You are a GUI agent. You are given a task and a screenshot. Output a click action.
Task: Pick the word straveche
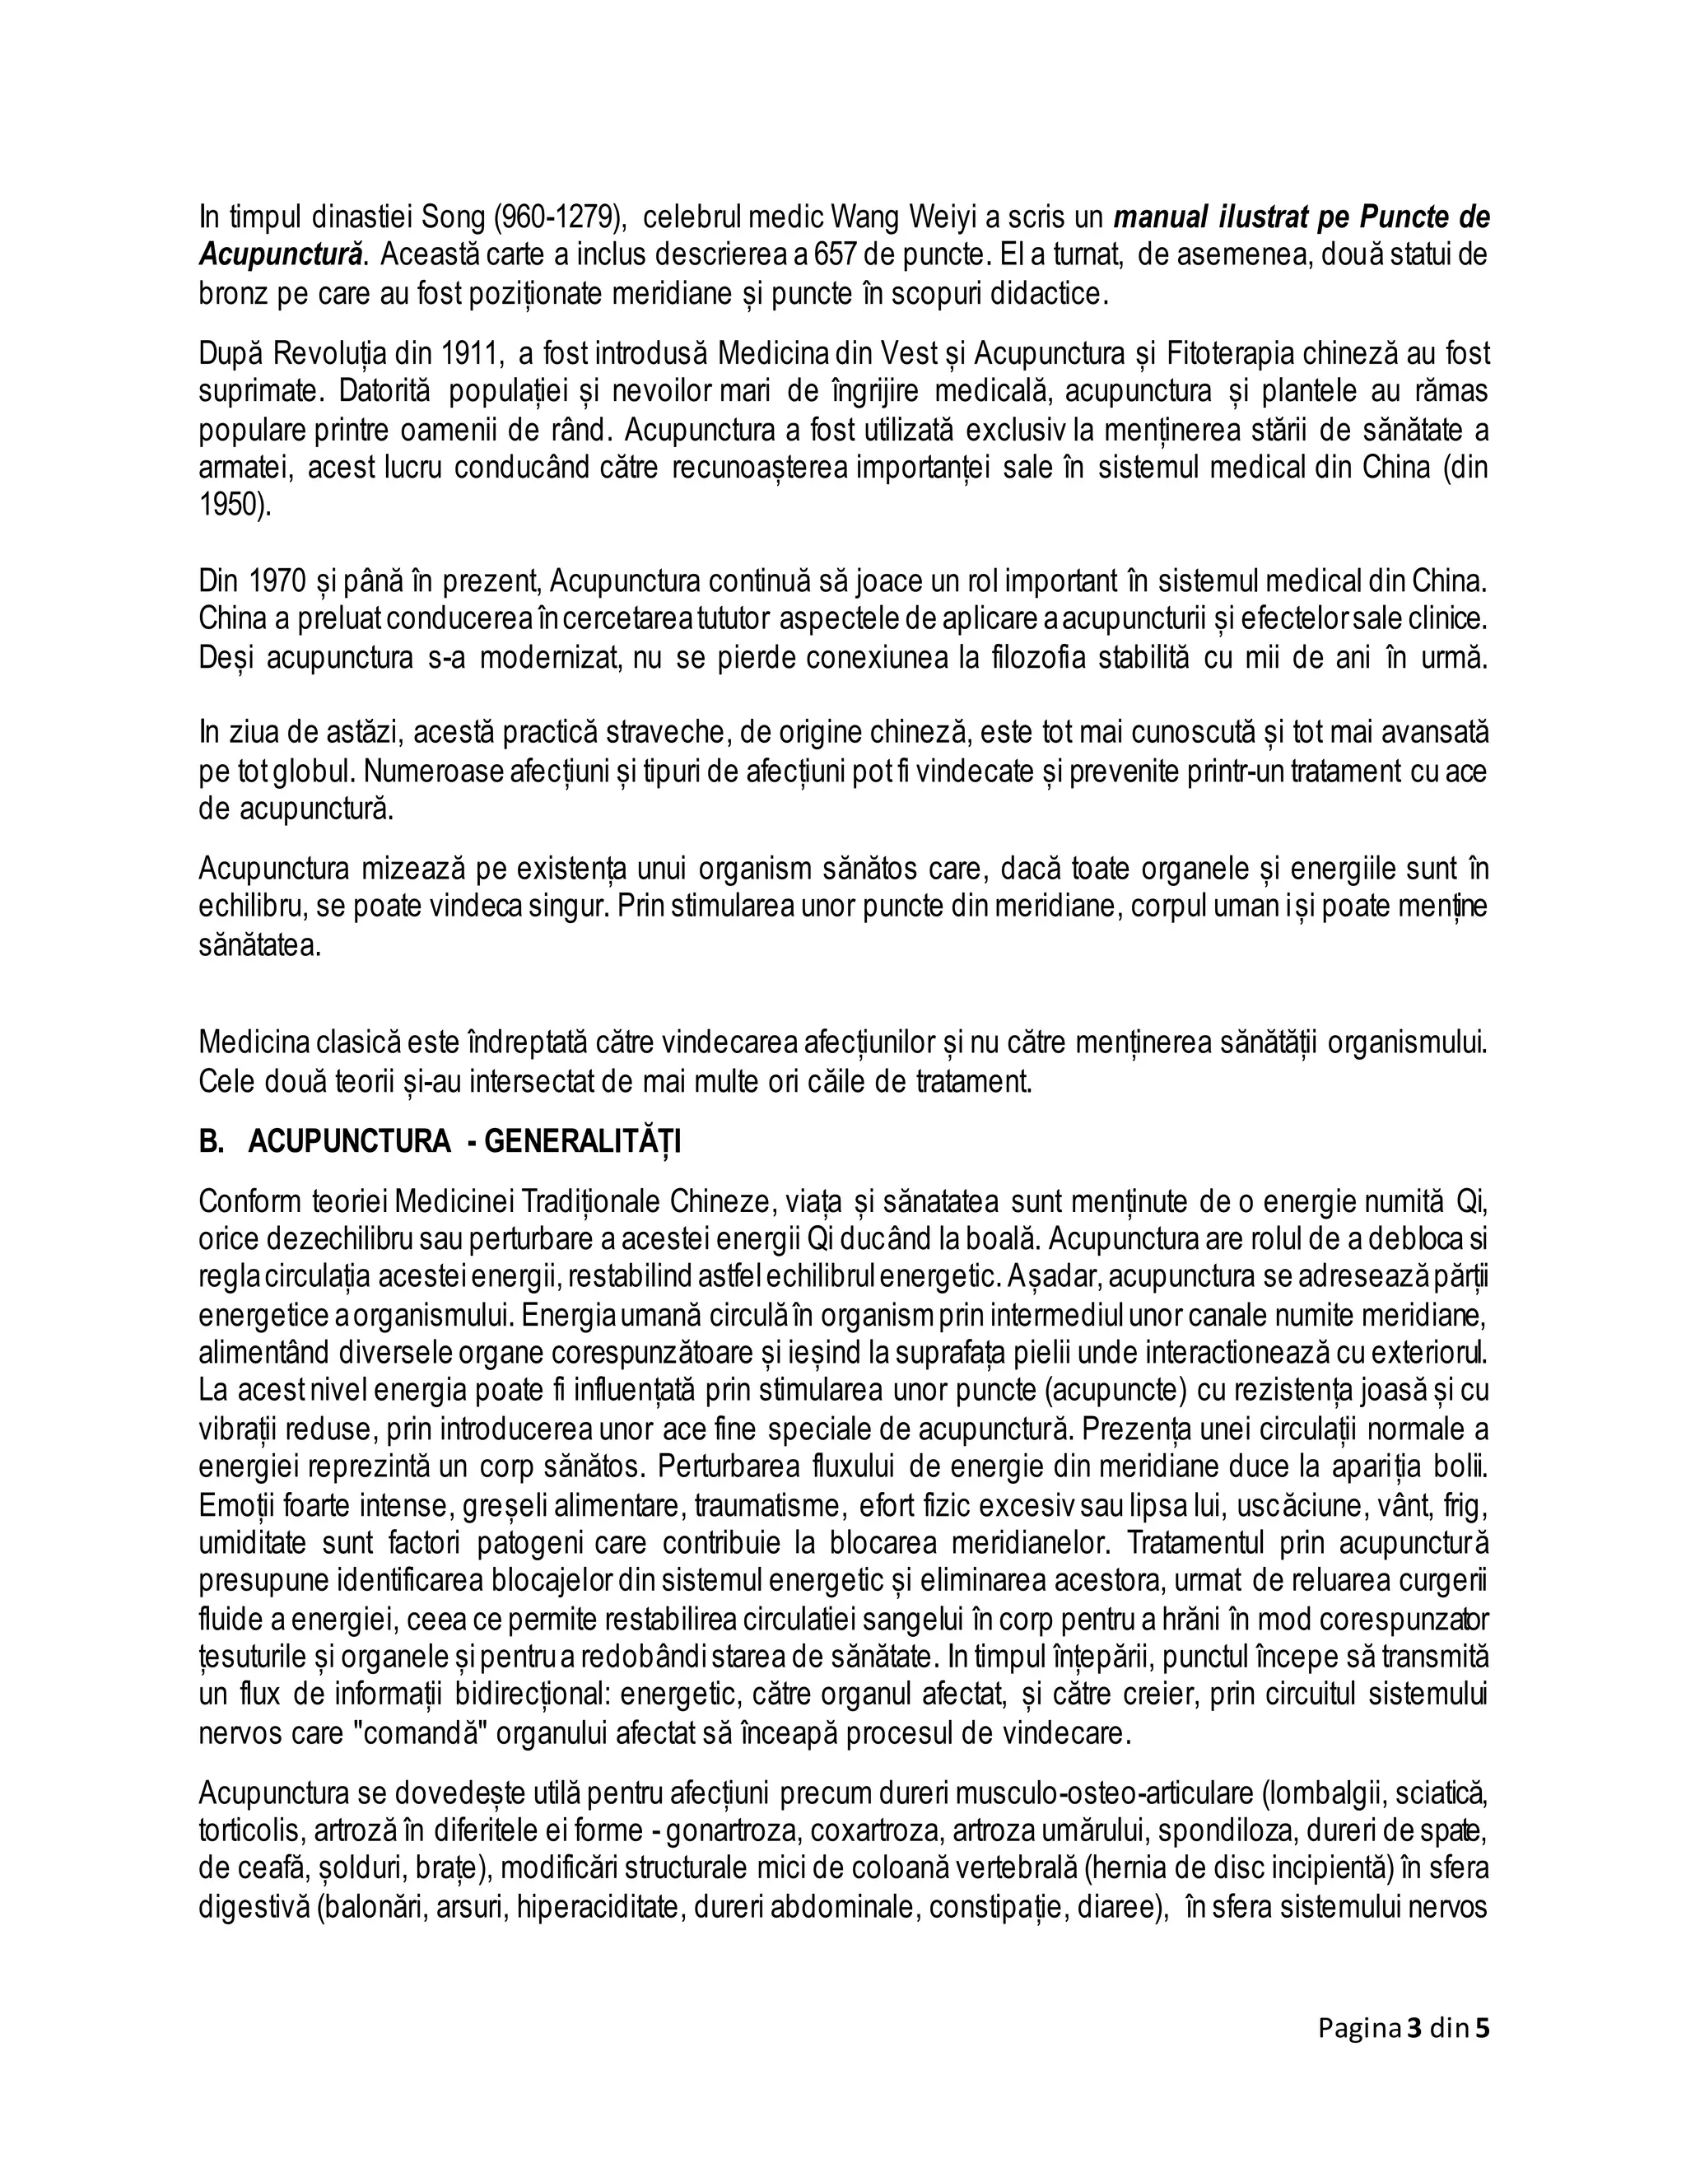tap(646, 734)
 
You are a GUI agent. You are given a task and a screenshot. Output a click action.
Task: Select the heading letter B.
tap(211, 1142)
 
